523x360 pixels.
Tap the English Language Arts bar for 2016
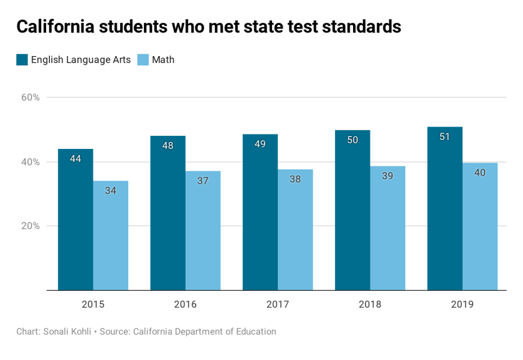tap(167, 213)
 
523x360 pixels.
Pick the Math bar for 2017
tap(295, 230)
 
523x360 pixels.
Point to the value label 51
tap(445, 136)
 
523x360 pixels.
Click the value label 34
tap(111, 191)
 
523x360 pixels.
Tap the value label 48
tap(167, 146)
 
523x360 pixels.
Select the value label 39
tap(387, 176)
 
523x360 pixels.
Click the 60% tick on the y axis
tap(31, 98)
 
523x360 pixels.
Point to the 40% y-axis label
tap(31, 162)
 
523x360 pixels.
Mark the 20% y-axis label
tap(31, 226)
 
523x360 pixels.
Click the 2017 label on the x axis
tap(278, 305)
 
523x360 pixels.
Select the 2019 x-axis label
tap(462, 305)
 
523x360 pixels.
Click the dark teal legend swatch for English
tap(22, 60)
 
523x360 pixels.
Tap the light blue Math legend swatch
tap(143, 60)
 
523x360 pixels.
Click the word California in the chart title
tap(55, 27)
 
